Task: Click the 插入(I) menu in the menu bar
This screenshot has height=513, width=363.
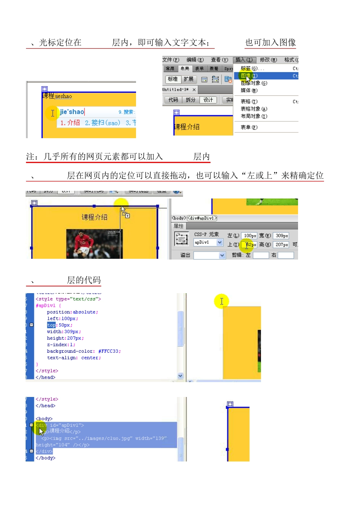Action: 244,60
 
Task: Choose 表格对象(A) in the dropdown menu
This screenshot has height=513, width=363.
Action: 254,109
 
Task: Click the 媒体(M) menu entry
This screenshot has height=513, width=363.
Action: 249,90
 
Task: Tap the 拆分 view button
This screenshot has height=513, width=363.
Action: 190,100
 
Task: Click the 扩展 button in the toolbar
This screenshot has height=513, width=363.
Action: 188,79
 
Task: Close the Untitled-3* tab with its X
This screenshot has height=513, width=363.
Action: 194,90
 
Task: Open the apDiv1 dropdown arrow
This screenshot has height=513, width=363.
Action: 220,242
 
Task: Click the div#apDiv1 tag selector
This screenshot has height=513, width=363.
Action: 202,218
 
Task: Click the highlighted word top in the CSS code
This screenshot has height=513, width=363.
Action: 51,325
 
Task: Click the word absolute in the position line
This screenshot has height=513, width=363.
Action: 84,312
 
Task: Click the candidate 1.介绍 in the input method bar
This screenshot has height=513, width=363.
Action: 70,123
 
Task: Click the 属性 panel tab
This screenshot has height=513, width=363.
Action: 178,226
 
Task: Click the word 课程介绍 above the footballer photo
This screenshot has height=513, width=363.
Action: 94,217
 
